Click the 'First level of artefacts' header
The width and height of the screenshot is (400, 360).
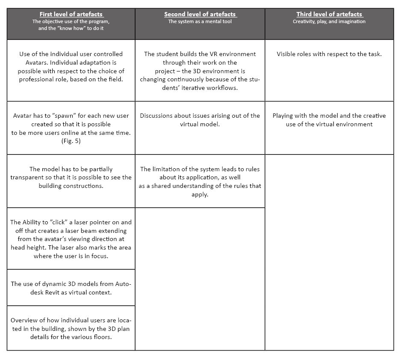[x=71, y=14]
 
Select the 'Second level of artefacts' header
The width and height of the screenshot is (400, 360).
[x=200, y=14]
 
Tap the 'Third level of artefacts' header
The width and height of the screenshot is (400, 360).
[x=329, y=14]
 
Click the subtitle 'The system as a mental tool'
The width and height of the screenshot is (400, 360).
[x=200, y=21]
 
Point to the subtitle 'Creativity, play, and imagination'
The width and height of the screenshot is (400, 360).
[x=329, y=21]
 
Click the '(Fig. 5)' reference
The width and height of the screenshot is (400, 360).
[x=71, y=141]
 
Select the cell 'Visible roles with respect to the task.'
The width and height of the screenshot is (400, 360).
[x=329, y=54]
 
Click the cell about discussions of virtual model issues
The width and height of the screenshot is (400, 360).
[x=200, y=120]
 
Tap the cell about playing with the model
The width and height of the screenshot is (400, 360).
[x=329, y=120]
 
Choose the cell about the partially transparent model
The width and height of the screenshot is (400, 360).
[x=71, y=178]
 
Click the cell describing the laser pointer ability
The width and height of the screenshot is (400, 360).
[x=71, y=239]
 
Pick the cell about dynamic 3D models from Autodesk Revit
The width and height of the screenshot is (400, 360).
[x=71, y=288]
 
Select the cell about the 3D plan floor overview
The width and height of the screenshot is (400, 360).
[x=71, y=328]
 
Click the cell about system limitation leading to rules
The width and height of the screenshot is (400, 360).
[x=200, y=181]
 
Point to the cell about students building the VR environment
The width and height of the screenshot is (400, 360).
[x=200, y=71]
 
